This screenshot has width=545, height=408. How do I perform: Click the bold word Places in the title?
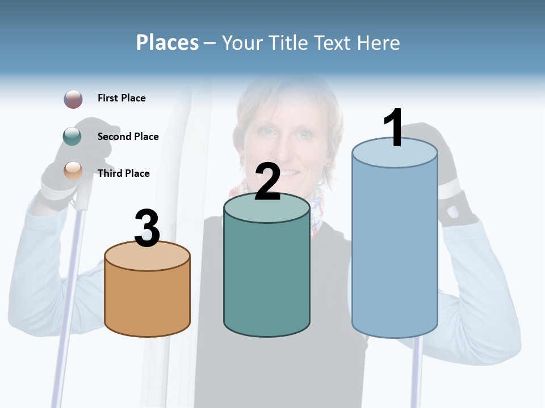tap(167, 42)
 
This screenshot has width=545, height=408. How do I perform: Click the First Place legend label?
tap(121, 98)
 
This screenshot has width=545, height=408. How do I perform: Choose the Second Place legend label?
tap(128, 137)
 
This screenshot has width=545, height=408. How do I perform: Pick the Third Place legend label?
tap(124, 173)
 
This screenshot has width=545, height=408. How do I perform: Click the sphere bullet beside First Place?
tap(73, 99)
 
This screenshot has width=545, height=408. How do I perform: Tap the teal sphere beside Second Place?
tap(72, 137)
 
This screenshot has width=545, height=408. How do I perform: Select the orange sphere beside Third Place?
tap(73, 171)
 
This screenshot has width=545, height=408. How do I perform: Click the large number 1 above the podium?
tap(393, 128)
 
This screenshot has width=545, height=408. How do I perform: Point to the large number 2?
tap(267, 182)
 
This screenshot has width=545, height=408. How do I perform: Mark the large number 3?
tap(148, 228)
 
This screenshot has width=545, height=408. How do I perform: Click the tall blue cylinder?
tap(395, 255)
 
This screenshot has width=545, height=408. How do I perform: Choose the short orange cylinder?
tap(148, 300)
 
